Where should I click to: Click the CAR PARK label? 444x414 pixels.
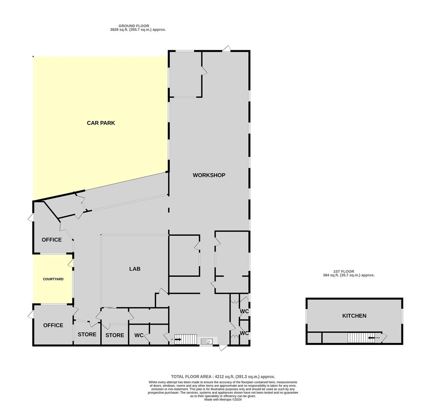pyautogui.click(x=101, y=123)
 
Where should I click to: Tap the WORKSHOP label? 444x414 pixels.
pyautogui.click(x=209, y=175)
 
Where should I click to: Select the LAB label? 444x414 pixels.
pyautogui.click(x=135, y=269)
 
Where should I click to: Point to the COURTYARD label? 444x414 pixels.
pyautogui.click(x=53, y=279)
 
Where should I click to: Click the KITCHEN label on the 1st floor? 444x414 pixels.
pyautogui.click(x=354, y=315)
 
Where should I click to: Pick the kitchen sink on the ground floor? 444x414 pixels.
pyautogui.click(x=206, y=341)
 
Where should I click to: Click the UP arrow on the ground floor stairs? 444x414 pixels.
pyautogui.click(x=178, y=339)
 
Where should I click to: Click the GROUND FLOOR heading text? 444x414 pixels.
pyautogui.click(x=134, y=26)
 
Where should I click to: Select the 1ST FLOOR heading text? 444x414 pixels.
pyautogui.click(x=344, y=271)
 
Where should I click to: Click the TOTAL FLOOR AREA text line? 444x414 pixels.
pyautogui.click(x=223, y=376)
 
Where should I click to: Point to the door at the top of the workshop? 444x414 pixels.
pyautogui.click(x=226, y=49)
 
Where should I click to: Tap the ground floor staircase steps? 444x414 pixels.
pyautogui.click(x=186, y=339)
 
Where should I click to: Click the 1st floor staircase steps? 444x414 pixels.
pyautogui.click(x=359, y=338)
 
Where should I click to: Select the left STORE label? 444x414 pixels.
pyautogui.click(x=87, y=334)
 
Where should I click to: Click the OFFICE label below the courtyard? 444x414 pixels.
pyautogui.click(x=53, y=325)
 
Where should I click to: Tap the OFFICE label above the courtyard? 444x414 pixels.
pyautogui.click(x=52, y=240)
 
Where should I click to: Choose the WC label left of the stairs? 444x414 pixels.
pyautogui.click(x=139, y=335)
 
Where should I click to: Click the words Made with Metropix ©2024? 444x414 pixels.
pyautogui.click(x=223, y=399)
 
